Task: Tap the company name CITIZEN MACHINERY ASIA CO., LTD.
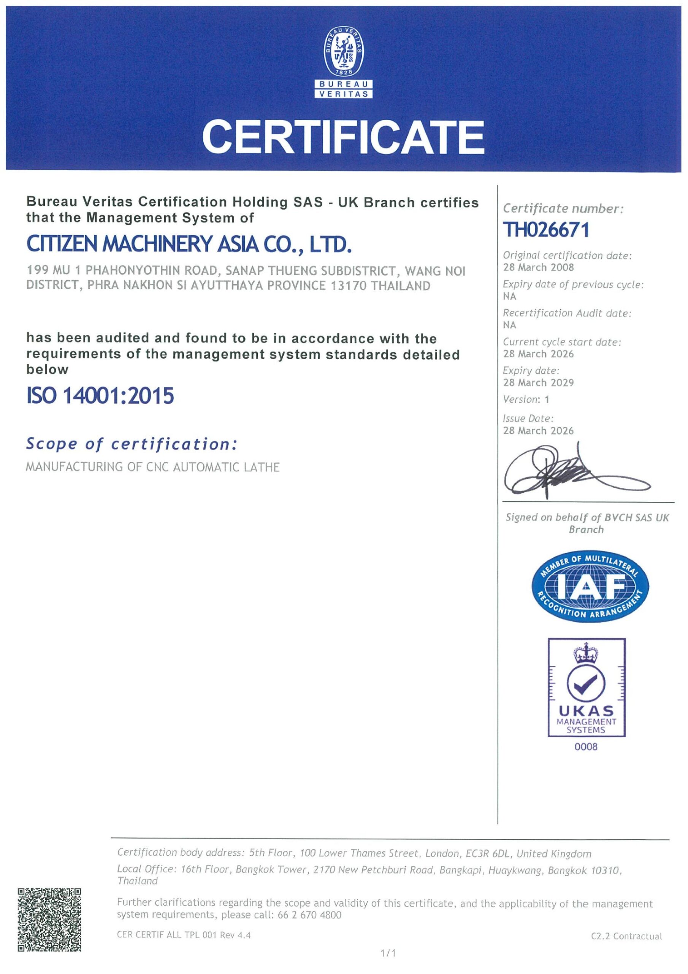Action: tap(189, 245)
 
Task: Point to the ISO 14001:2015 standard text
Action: tap(100, 395)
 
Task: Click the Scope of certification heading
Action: tap(132, 444)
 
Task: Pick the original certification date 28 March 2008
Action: tap(538, 267)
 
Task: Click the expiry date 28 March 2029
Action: tap(538, 383)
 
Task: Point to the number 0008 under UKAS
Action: tap(586, 747)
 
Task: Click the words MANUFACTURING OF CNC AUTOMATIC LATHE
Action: tap(152, 467)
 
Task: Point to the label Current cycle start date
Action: tap(562, 342)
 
